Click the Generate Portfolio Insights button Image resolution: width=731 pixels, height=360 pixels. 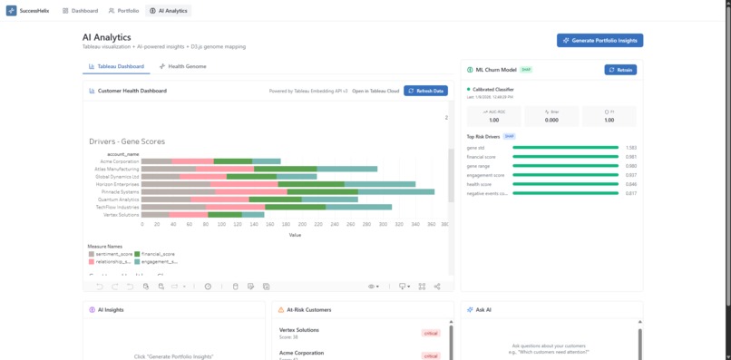pos(599,41)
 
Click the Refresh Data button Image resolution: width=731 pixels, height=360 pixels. pos(425,91)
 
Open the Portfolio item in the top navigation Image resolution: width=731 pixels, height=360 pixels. pos(123,11)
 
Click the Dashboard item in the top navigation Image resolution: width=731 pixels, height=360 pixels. pos(80,11)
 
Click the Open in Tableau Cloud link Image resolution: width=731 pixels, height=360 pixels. pos(375,91)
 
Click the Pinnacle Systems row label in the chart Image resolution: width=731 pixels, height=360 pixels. pos(121,191)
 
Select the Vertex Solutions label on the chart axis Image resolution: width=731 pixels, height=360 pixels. pos(122,215)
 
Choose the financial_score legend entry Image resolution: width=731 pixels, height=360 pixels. pos(158,254)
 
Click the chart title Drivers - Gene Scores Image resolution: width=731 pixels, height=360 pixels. pos(127,141)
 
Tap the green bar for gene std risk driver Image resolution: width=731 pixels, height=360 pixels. pos(565,147)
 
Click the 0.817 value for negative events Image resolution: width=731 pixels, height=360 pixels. pos(630,193)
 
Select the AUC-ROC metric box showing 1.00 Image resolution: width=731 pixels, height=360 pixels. pos(493,115)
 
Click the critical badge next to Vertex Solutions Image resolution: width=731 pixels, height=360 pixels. pos(430,333)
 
